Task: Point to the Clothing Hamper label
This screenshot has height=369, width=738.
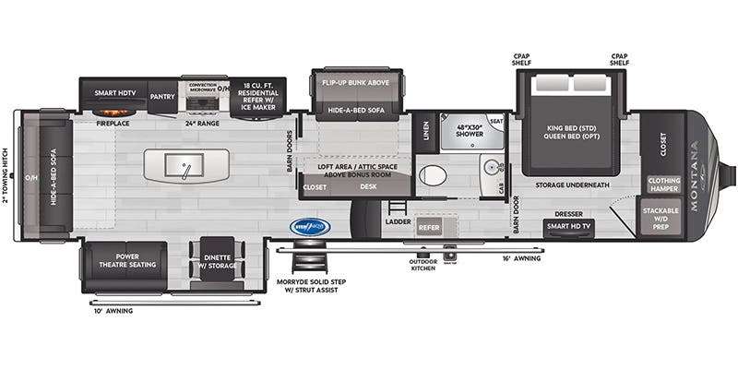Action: (x=664, y=184)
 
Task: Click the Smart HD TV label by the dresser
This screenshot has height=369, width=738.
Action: (x=568, y=225)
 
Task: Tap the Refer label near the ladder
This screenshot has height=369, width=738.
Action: (x=429, y=226)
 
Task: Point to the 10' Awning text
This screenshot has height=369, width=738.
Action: (x=115, y=311)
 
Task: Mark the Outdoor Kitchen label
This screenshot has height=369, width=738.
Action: (x=424, y=265)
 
